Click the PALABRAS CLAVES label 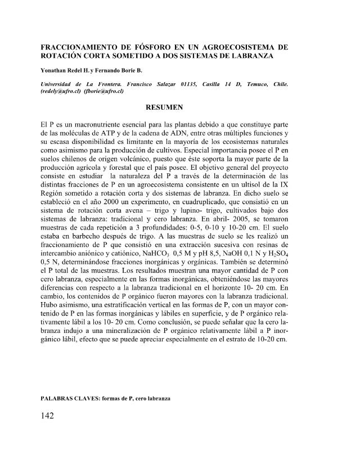pyautogui.click(x=69, y=398)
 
